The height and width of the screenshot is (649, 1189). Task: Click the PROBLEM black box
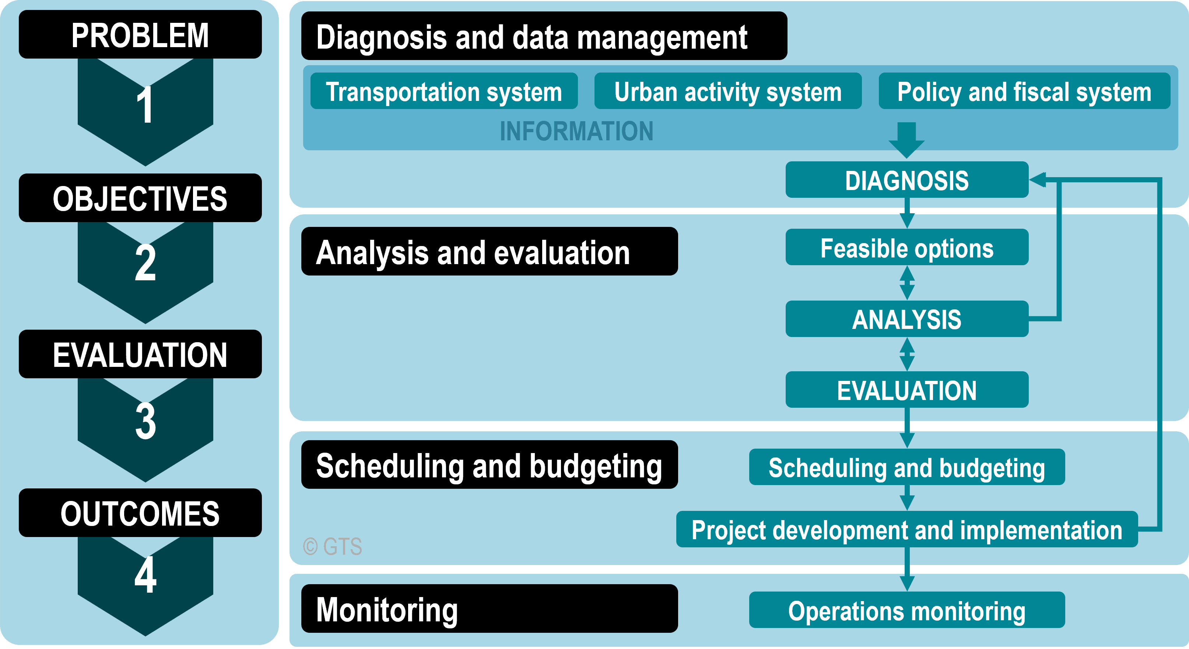point(140,35)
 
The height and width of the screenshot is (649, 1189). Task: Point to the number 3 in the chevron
point(145,421)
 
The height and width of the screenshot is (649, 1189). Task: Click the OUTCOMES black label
point(140,513)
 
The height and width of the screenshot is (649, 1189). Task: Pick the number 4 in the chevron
point(145,575)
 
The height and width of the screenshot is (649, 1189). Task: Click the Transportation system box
point(444,91)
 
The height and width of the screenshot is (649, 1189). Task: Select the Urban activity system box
point(728,91)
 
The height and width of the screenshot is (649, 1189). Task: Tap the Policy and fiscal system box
point(1024,91)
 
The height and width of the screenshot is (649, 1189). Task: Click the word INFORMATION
point(576,131)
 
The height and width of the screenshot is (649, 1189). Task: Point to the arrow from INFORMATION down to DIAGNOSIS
point(906,140)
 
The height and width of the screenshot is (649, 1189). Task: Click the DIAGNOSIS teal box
point(907,179)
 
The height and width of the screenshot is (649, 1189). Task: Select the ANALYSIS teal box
point(907,319)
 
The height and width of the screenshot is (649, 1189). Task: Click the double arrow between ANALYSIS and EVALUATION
point(907,354)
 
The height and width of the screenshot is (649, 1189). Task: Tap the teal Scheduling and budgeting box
point(907,467)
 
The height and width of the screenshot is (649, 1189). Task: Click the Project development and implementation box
point(907,529)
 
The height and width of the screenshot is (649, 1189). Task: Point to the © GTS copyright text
point(332,547)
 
